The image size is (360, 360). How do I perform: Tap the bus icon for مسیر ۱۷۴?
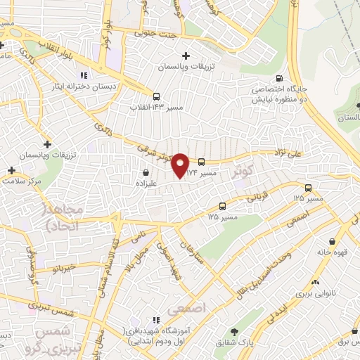point(201,161)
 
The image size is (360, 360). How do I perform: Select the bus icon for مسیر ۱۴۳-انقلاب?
point(155,97)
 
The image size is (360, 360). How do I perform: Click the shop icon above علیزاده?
point(146,171)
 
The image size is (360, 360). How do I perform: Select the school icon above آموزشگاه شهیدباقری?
point(156,320)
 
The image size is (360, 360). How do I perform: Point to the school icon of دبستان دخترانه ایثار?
point(83,75)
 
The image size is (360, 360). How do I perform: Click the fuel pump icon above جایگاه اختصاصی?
point(280,79)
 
